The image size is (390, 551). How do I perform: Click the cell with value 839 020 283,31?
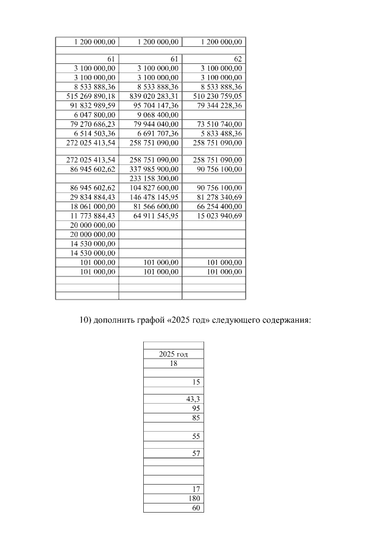(x=154, y=96)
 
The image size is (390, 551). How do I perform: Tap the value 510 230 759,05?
(x=218, y=96)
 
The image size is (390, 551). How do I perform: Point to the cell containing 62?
(x=238, y=60)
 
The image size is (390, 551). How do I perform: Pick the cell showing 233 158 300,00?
(x=154, y=178)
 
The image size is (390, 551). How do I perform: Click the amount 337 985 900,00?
(x=154, y=169)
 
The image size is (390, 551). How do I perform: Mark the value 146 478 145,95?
(x=154, y=197)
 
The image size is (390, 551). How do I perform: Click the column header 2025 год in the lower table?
(x=173, y=354)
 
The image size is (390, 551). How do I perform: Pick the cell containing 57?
(x=196, y=454)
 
